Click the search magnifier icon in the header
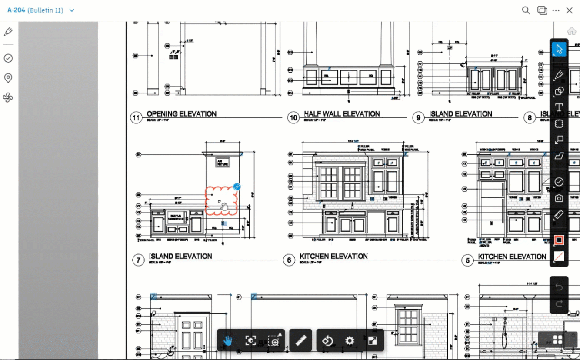[526, 10]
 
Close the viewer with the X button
[569, 10]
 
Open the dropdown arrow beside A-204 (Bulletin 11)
[72, 10]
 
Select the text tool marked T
[559, 107]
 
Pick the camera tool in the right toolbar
[559, 198]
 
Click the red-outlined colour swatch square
[559, 240]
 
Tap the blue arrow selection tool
[559, 49]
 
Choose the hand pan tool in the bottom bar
[228, 340]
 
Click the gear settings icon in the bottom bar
[350, 340]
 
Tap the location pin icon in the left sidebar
[8, 78]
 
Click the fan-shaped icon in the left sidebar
[8, 97]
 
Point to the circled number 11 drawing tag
[137, 117]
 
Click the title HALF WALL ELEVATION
[342, 114]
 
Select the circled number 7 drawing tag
[138, 260]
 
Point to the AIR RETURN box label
[223, 163]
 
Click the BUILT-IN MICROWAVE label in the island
[176, 217]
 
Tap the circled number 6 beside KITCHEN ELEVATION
[289, 260]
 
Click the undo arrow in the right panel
[559, 287]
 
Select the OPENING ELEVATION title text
[181, 114]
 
